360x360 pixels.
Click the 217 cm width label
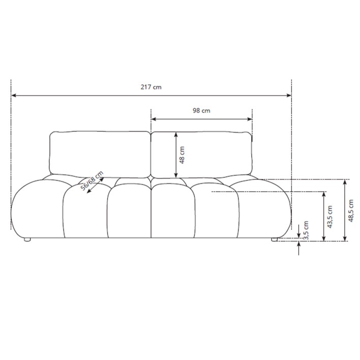coord(151,87)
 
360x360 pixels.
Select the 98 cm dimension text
coord(202,110)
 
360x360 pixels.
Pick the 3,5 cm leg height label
coord(306,229)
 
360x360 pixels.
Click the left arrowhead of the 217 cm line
coord(14,95)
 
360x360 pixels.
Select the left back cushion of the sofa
coord(100,153)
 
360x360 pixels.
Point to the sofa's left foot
coord(27,238)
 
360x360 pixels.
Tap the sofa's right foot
coord(275,238)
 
